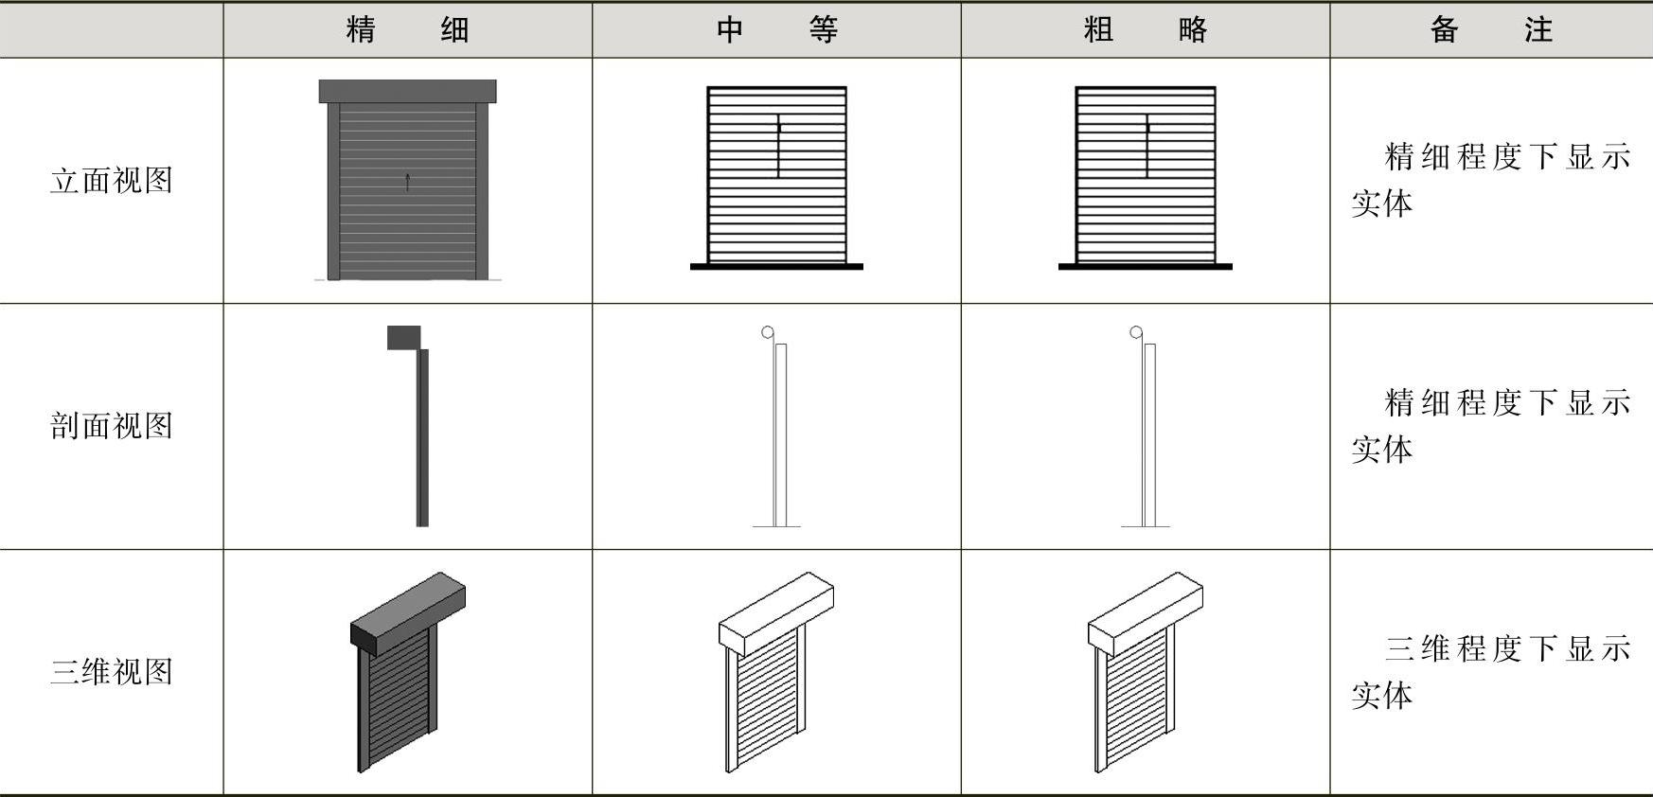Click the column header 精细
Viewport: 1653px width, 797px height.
point(407,30)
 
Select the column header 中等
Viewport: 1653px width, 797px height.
point(776,30)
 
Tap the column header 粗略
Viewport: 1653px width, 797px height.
point(1146,30)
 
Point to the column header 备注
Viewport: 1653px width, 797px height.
point(1490,30)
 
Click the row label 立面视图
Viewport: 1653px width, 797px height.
point(112,181)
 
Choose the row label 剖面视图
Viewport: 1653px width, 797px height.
point(112,426)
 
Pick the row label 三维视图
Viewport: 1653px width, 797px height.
point(112,672)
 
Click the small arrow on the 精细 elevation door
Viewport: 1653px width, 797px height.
point(408,182)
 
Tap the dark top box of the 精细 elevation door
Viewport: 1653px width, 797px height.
point(407,91)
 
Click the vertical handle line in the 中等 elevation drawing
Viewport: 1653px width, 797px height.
point(779,147)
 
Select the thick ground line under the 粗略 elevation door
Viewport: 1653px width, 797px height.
point(1146,267)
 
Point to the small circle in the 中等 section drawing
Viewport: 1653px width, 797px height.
point(768,332)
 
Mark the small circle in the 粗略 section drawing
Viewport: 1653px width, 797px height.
point(1136,332)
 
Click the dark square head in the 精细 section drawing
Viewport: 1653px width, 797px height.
point(404,338)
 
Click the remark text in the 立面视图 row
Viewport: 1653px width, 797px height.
point(1490,180)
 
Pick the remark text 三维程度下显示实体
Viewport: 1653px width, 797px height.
point(1490,672)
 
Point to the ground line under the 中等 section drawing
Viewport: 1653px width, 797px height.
point(776,526)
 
